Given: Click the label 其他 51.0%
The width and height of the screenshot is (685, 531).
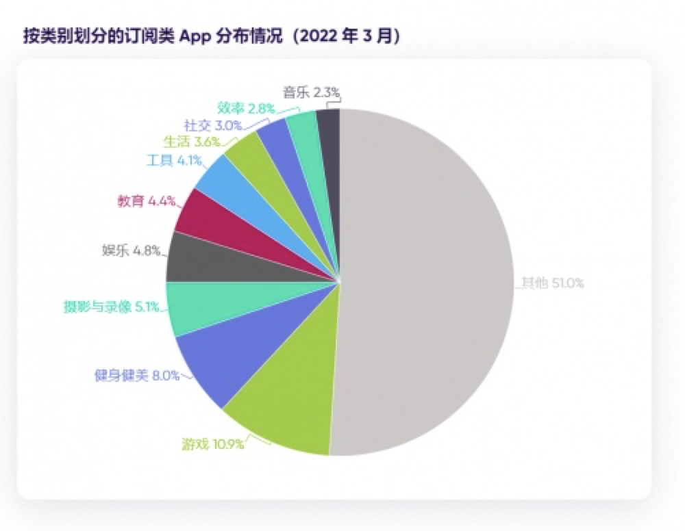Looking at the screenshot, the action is coord(553,283).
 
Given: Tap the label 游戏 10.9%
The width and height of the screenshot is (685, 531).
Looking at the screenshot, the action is coord(213,444).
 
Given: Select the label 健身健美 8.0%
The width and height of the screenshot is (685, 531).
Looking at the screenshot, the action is coord(137,375).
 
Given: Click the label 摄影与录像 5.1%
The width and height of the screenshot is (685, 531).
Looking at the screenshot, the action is coord(112,307).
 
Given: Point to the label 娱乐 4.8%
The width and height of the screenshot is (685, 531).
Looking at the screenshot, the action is coord(131,251).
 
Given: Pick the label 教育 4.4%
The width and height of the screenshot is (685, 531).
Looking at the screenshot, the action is coord(147,201).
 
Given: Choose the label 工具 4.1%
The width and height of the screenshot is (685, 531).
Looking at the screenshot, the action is coord(174,161).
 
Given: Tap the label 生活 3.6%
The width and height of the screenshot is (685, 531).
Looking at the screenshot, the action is coord(192,142).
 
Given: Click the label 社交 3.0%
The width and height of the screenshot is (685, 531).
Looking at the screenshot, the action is coord(213,125).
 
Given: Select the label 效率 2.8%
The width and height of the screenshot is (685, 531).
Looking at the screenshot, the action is coord(246,108).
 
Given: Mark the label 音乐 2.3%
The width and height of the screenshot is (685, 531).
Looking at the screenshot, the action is coord(311,92).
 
